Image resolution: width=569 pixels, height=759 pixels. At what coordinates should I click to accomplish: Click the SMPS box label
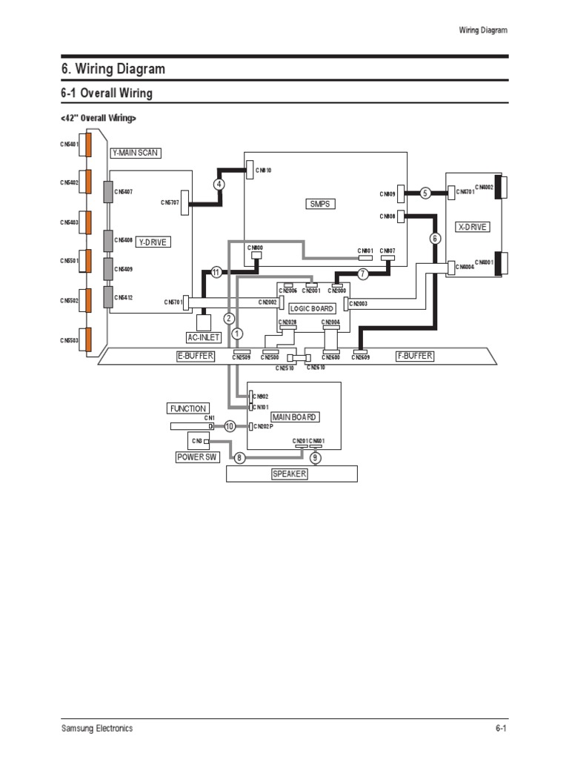(x=319, y=203)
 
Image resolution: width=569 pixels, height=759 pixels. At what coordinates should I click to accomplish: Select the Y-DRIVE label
(x=153, y=242)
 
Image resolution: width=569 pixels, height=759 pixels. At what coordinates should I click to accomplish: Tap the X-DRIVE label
(x=473, y=227)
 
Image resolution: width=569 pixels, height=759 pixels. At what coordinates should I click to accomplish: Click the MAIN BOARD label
(x=294, y=417)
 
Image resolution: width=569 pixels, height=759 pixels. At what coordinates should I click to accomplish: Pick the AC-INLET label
(x=204, y=337)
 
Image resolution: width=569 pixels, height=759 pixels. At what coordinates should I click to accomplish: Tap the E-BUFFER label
(x=196, y=356)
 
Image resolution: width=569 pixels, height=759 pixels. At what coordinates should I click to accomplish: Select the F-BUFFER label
(x=415, y=356)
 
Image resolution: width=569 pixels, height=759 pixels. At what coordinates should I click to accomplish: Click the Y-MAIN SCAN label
(x=135, y=153)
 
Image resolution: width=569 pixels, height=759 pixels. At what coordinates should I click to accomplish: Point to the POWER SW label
(x=194, y=457)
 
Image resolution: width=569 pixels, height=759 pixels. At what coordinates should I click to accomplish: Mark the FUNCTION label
(x=188, y=408)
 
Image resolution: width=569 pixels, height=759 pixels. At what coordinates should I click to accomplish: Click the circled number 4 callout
(x=219, y=184)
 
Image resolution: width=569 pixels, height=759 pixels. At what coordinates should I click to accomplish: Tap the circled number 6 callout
(x=435, y=239)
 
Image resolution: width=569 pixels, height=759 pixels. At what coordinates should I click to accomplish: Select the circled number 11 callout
(x=216, y=272)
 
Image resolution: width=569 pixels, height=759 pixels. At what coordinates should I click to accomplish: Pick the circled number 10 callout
(x=230, y=426)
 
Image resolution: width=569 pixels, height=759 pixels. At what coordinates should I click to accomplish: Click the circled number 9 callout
(x=315, y=458)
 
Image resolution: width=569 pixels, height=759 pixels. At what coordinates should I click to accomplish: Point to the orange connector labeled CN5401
(x=87, y=144)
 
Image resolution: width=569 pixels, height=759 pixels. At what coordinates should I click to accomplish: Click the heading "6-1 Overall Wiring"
(x=107, y=93)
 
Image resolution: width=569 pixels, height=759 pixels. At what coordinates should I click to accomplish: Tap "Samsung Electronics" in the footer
(x=97, y=728)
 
